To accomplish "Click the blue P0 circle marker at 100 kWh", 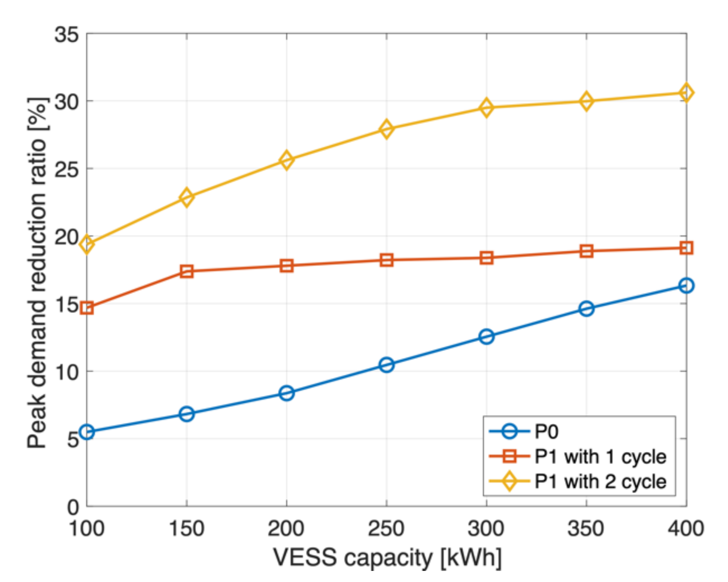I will click(x=87, y=432).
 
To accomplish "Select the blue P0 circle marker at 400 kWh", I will click(x=686, y=285).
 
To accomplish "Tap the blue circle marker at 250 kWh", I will click(x=387, y=365).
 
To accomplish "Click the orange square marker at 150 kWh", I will click(x=187, y=271).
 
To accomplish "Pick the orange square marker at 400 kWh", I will click(x=686, y=248).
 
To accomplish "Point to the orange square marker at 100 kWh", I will click(x=87, y=308).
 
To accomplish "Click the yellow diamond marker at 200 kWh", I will click(x=287, y=160).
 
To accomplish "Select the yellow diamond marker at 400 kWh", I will click(x=686, y=93).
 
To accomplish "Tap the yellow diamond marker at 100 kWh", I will click(x=87, y=244).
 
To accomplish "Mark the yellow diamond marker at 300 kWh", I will click(x=487, y=107).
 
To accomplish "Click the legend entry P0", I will click(x=546, y=432).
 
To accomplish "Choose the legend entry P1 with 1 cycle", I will click(x=600, y=456).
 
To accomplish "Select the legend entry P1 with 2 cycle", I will click(x=600, y=482).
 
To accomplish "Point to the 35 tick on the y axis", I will click(x=66, y=34).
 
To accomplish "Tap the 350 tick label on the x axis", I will click(x=586, y=528).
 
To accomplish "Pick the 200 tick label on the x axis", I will click(x=286, y=528).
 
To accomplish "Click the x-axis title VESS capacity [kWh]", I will click(x=387, y=558).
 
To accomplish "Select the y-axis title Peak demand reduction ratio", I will click(x=37, y=273).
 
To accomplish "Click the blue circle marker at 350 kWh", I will click(x=586, y=308).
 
